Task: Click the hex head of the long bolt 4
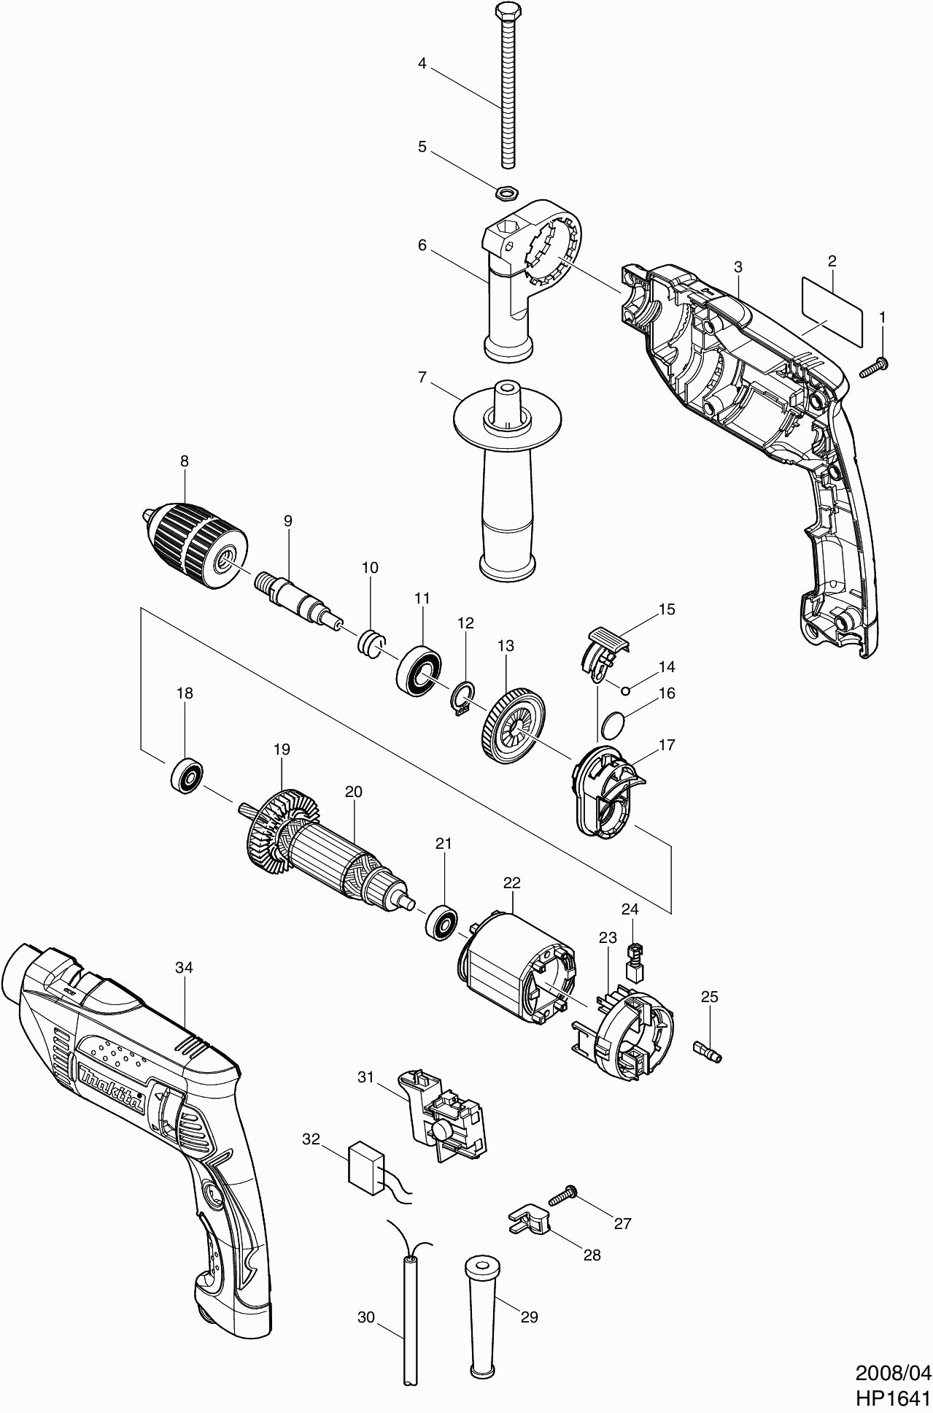pos(505,12)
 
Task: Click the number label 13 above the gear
pos(506,645)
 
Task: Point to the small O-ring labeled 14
pos(625,687)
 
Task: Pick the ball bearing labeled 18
pos(187,775)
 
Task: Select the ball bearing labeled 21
pos(441,923)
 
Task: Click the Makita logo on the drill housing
pos(112,1085)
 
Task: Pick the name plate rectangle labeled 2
pos(832,312)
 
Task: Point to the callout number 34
pos(185,967)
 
